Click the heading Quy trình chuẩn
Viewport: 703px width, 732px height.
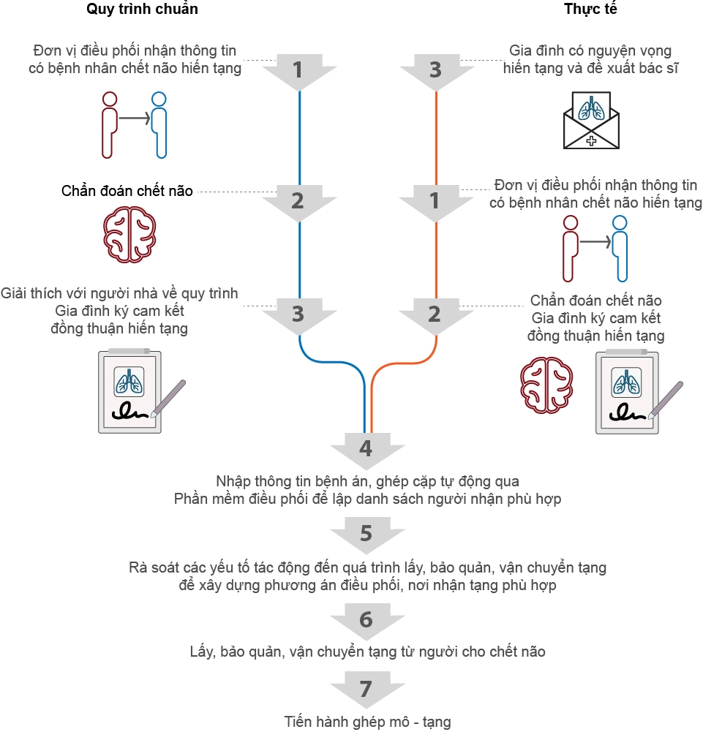pos(142,10)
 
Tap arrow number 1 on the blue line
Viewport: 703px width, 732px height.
pos(298,71)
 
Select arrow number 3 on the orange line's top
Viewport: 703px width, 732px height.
pos(435,71)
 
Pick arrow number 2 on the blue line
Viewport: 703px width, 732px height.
pos(298,200)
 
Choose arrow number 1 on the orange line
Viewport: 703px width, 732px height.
pos(435,200)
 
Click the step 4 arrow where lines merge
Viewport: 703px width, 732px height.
pos(366,447)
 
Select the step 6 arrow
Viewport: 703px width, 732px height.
pos(366,620)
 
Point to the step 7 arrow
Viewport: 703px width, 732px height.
pos(366,689)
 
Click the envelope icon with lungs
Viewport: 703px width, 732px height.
pos(590,120)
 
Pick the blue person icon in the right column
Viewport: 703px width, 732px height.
pos(620,249)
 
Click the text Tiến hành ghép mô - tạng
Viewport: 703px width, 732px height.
pos(367,722)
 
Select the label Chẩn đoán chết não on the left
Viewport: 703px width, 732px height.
pos(127,192)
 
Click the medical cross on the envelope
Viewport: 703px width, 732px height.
pos(590,138)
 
